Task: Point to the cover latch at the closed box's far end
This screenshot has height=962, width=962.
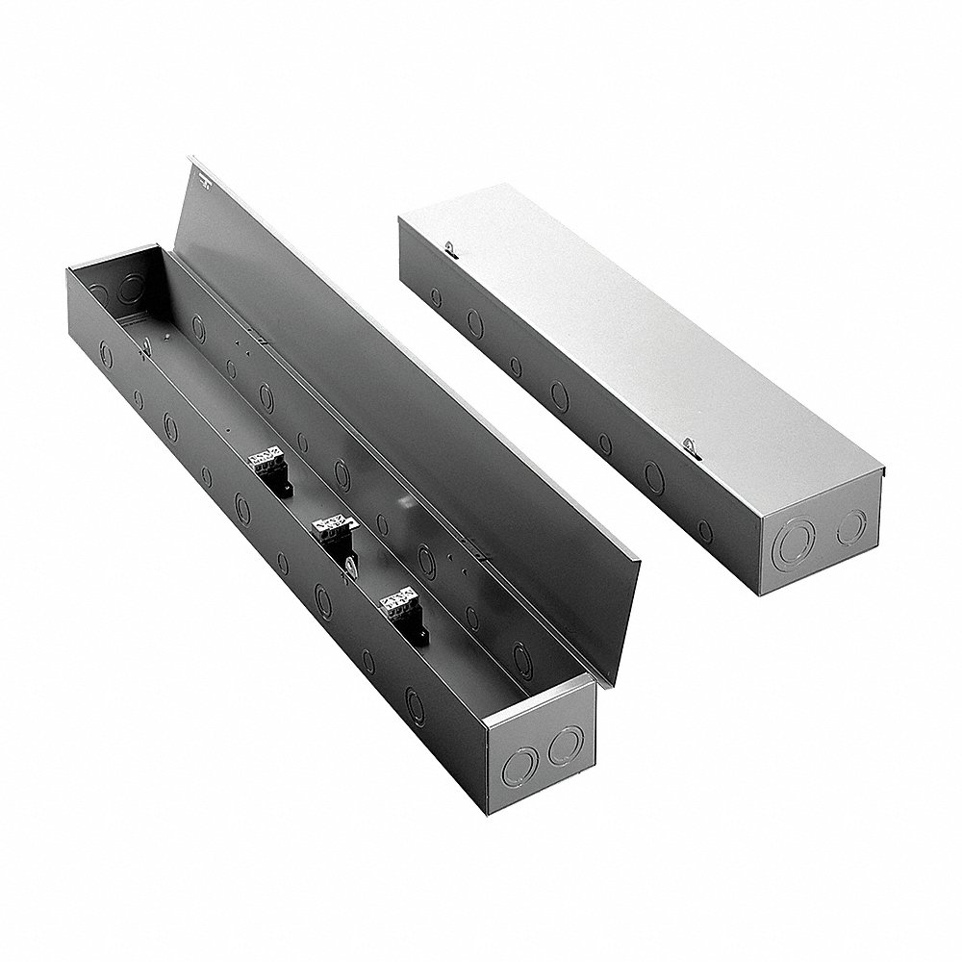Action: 451,249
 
